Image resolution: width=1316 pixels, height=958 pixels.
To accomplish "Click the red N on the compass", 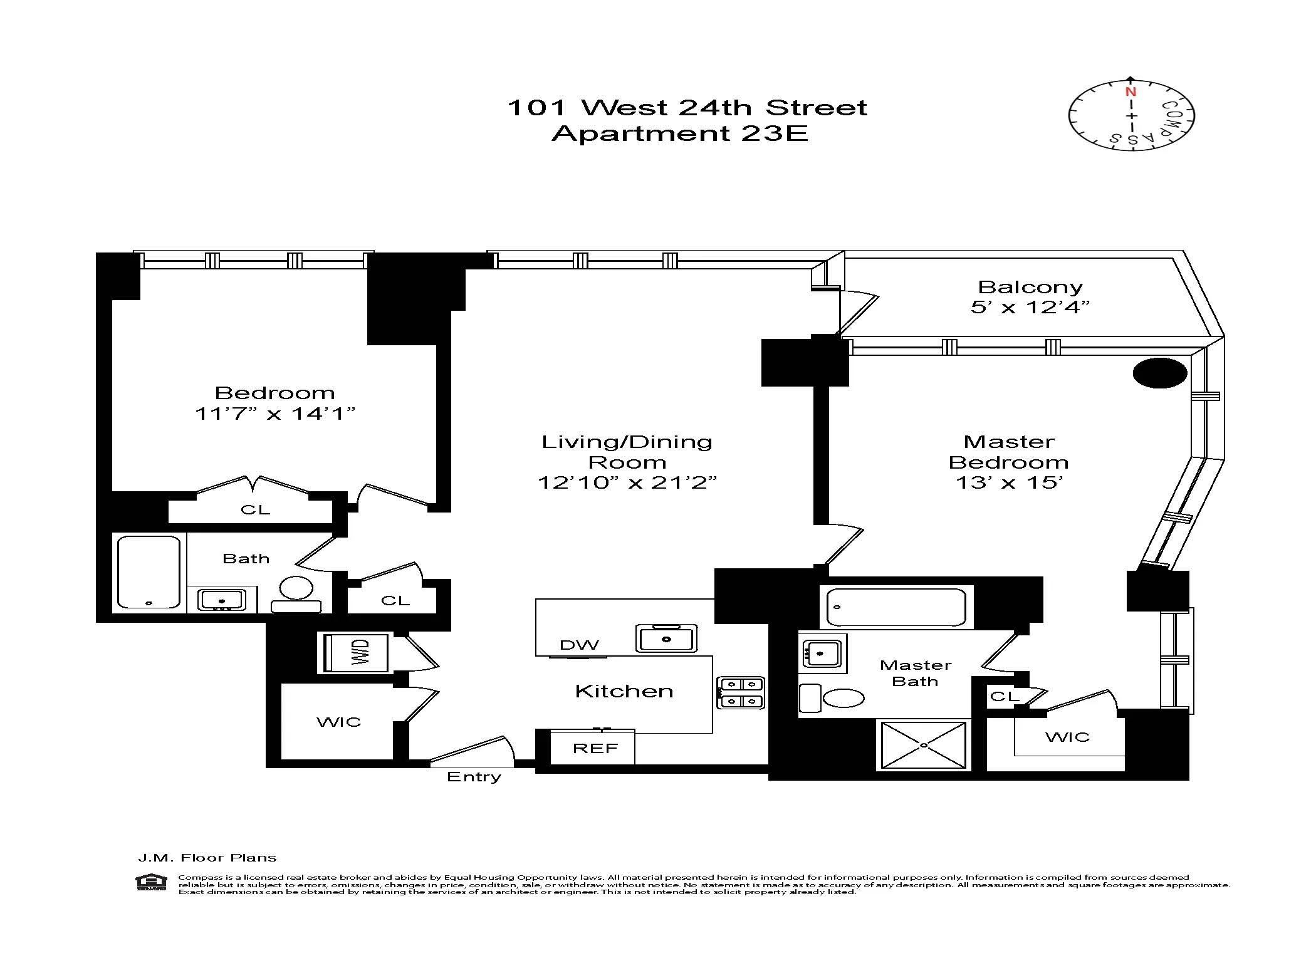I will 1131,91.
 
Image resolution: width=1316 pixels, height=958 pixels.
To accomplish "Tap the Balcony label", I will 1030,287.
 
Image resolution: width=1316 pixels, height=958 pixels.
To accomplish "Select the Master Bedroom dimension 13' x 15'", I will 1008,482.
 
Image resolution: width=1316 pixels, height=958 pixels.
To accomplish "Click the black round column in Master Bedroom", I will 1160,373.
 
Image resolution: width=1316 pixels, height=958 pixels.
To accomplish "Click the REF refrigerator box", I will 594,748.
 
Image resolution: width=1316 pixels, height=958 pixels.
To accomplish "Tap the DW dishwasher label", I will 579,645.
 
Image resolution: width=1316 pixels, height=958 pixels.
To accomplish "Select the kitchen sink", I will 666,638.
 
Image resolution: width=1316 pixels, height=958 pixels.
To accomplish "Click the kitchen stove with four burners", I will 741,692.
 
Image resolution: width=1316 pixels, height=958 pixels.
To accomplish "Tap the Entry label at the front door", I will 474,777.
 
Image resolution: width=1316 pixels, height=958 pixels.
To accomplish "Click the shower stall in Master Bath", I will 924,745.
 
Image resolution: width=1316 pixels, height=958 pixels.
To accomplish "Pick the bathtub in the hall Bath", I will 149,571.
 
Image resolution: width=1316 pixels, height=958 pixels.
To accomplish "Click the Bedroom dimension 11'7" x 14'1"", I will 275,414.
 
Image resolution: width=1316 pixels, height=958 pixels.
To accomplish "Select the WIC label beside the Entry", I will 338,722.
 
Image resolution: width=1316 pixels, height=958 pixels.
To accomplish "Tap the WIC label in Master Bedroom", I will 1067,737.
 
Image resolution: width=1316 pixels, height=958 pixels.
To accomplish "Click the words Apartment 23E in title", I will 679,133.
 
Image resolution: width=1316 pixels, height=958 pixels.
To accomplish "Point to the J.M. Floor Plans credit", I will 207,858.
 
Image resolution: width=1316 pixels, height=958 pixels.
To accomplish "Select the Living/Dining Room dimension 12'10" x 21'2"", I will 627,482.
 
